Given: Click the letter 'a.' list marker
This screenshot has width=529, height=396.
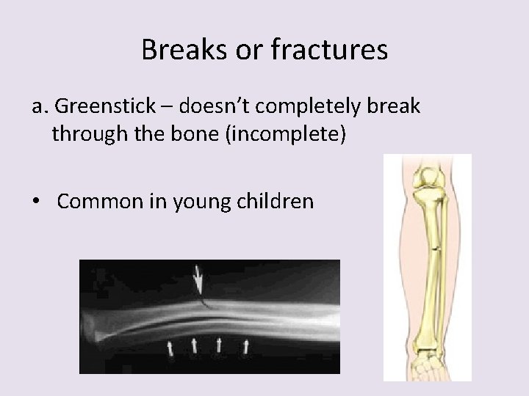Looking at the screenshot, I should [x=40, y=107].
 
